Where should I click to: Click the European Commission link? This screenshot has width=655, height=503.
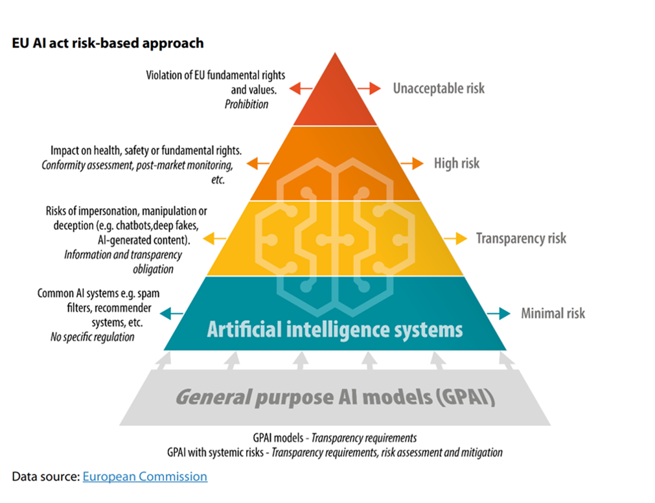145,476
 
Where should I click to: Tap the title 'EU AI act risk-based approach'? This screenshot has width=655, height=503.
108,43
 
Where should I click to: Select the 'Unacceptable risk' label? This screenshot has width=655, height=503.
439,89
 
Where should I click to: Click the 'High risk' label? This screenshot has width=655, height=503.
457,163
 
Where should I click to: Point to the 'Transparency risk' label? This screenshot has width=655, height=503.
521,239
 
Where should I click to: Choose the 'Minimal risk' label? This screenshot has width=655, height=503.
553,313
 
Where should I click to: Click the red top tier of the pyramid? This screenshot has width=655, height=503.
335,96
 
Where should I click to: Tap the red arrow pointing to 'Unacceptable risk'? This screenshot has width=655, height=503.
369,89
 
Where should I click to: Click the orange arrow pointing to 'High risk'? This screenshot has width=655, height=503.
412,163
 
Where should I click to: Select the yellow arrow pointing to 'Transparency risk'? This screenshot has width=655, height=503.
455,239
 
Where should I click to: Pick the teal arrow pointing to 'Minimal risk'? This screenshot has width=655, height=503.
499,313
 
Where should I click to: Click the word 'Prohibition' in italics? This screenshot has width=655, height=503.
246,104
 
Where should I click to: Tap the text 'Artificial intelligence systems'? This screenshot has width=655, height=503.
335,329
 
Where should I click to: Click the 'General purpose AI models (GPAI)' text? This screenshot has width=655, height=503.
335,397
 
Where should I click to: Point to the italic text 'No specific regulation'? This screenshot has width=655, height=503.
92,337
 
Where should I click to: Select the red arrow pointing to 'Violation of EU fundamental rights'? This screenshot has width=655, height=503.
301,89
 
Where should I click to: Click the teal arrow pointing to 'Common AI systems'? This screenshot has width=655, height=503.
171,313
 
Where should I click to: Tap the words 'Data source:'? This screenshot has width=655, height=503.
45,476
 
